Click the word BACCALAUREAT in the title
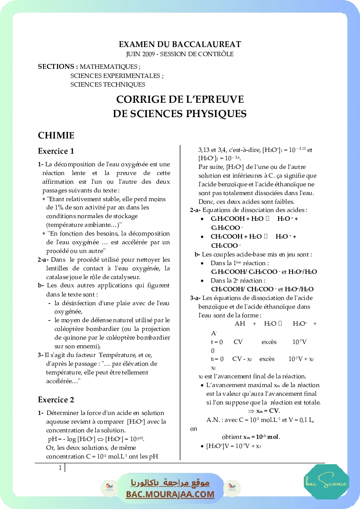tap(207, 44)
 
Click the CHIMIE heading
tap(56, 135)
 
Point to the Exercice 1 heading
tap(56, 152)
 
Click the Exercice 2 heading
tap(56, 400)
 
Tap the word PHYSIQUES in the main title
tap(216, 114)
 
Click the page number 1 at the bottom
tap(60, 468)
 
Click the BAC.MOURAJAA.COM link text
tap(170, 494)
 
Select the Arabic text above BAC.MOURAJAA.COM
tap(170, 483)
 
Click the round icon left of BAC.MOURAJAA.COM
tap(107, 488)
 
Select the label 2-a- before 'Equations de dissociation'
tap(195, 210)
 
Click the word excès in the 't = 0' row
tap(269, 342)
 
